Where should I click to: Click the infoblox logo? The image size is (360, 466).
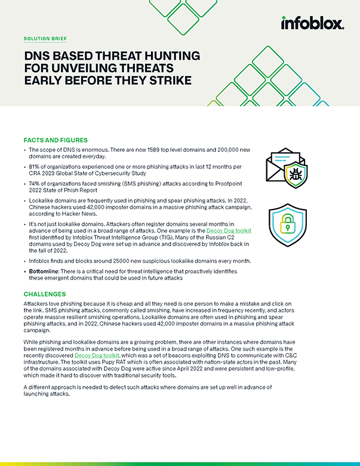pyautogui.click(x=312, y=23)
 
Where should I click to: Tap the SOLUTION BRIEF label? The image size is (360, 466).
pyautogui.click(x=45, y=38)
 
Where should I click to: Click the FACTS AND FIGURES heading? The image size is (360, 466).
pyautogui.click(x=55, y=140)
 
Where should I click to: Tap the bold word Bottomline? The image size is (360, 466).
pyautogui.click(x=47, y=272)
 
